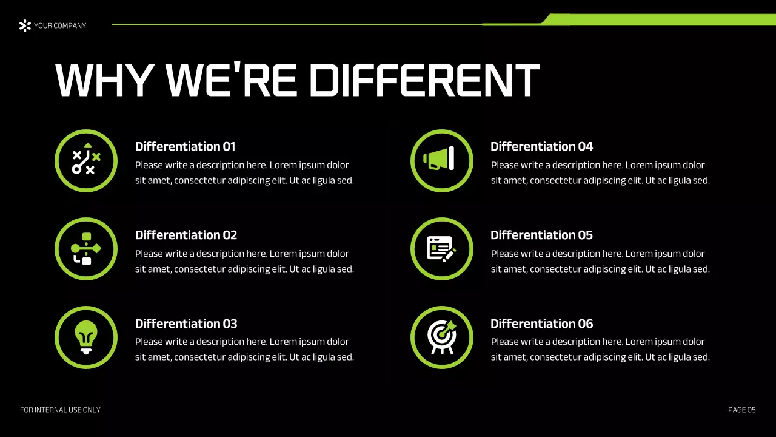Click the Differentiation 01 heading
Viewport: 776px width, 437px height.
(185, 146)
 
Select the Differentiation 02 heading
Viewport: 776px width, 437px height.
(186, 235)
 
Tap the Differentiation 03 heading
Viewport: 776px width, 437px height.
(186, 324)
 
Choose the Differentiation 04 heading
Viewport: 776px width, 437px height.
(541, 146)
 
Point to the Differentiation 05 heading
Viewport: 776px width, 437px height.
(541, 235)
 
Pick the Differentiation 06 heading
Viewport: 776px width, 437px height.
(541, 324)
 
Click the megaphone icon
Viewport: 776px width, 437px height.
(441, 160)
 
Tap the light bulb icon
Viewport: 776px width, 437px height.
(85, 336)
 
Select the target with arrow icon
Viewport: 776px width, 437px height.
(441, 336)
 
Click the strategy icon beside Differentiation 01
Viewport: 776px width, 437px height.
(85, 160)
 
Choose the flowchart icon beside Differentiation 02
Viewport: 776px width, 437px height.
(85, 248)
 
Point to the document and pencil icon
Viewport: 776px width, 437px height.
(441, 248)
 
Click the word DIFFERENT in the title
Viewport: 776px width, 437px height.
(424, 80)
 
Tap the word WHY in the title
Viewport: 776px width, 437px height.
(103, 80)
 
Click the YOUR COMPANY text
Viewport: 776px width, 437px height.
(60, 25)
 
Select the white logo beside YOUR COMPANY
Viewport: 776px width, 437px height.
(25, 25)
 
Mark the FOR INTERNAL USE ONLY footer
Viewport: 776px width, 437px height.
(60, 410)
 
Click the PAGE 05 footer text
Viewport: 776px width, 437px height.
(741, 410)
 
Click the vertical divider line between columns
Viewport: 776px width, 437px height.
(389, 248)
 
